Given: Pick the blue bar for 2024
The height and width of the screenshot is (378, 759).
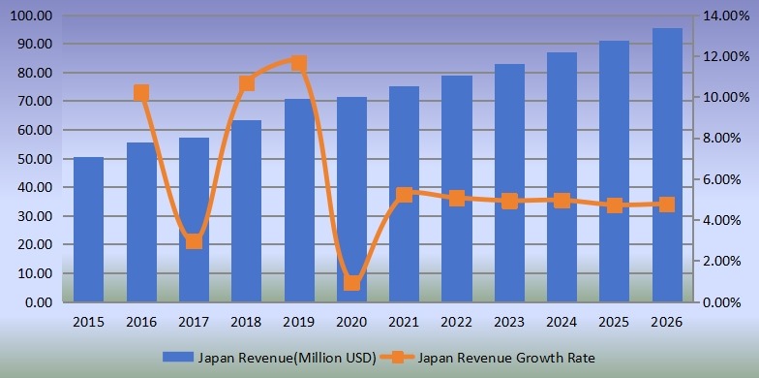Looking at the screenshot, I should point(562,177).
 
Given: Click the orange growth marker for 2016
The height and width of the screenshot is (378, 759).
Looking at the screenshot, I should point(141,93).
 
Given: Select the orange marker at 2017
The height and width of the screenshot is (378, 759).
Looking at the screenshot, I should point(194,240).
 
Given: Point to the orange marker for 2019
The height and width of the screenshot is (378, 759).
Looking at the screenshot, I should point(299,64).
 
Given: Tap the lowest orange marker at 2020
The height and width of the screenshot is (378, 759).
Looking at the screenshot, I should point(351,283).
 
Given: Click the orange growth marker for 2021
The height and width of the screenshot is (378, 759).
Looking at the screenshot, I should point(404,195).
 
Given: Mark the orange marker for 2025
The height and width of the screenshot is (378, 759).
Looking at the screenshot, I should point(614,205).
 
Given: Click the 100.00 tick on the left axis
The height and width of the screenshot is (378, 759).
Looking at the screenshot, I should point(33,16).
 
